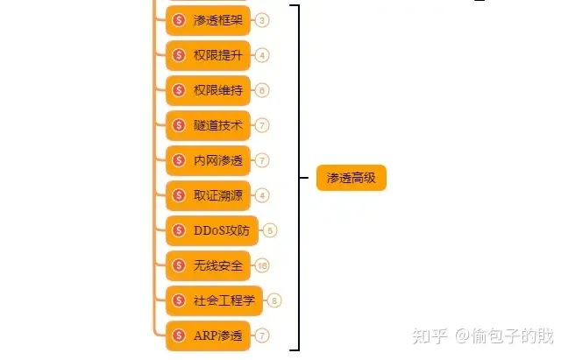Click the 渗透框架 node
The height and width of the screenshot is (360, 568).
(209, 20)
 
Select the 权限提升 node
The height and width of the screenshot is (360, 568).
(209, 55)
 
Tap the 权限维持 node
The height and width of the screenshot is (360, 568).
(209, 90)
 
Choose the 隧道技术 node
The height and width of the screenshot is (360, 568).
(209, 125)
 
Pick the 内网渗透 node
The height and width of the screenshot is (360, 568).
(209, 160)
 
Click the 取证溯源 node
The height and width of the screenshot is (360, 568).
(209, 195)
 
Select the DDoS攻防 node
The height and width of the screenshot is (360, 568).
(212, 230)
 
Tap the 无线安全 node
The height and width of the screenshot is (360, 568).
(209, 265)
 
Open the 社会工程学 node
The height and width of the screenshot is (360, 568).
(215, 300)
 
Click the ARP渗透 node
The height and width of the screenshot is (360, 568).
(209, 335)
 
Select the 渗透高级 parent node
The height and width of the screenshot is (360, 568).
(351, 178)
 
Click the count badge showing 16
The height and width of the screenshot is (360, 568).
(262, 265)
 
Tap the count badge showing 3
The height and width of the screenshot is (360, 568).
(263, 20)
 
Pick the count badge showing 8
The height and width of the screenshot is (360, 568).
(275, 300)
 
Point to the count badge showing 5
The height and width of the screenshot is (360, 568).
(270, 230)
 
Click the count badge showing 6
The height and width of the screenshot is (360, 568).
(263, 90)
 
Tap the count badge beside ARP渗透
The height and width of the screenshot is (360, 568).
(263, 335)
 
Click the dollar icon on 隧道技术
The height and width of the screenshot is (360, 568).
(180, 125)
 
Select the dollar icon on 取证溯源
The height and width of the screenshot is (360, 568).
(180, 195)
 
